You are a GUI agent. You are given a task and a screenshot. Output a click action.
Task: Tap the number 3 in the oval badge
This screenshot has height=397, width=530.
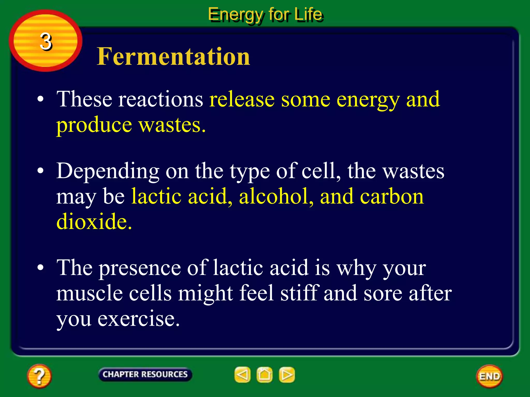46,41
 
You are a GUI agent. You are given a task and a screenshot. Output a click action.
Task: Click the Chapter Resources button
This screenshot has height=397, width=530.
145,374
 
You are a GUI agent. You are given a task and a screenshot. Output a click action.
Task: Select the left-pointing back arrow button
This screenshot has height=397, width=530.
242,375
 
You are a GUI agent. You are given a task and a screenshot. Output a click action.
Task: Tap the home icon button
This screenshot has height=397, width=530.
264,375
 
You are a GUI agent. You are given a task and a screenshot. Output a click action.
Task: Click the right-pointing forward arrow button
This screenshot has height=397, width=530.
287,375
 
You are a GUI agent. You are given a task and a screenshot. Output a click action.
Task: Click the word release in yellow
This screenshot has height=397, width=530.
242,100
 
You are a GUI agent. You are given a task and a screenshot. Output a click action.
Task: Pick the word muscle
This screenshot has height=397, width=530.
90,293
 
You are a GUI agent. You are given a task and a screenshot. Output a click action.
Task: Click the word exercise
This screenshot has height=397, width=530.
138,319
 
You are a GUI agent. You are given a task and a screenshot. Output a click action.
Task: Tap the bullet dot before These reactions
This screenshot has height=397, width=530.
40,100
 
